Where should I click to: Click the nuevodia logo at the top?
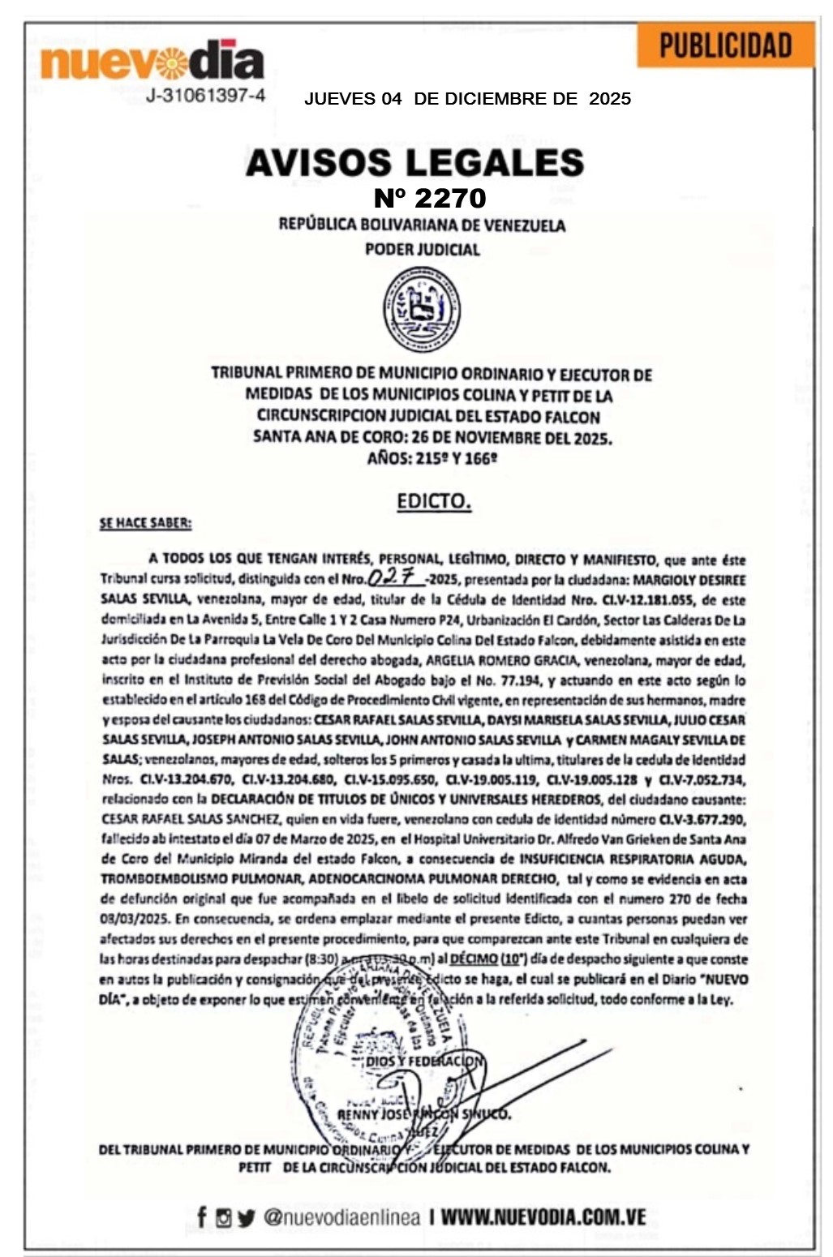(152, 61)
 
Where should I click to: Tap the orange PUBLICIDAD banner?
(725, 45)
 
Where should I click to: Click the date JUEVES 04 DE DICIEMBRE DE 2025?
(467, 99)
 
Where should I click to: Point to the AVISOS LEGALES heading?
(414, 162)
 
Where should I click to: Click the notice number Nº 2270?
(430, 198)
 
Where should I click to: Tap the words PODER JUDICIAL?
(422, 250)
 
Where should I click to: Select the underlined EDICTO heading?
(434, 501)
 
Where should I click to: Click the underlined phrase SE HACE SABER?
(145, 523)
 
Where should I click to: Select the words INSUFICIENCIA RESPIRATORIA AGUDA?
(633, 859)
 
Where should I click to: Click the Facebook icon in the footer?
(202, 1217)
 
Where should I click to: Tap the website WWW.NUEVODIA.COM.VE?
(543, 1217)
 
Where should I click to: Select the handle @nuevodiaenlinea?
(341, 1217)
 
